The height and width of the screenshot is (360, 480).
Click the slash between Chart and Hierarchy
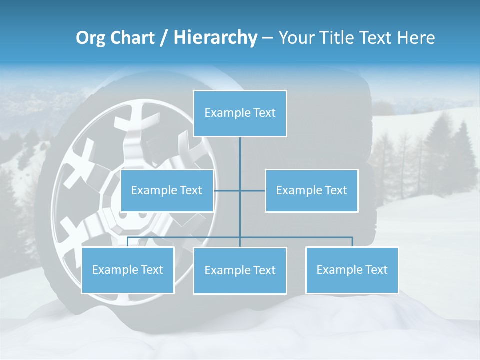(x=164, y=38)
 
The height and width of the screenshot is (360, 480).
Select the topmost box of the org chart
(x=240, y=113)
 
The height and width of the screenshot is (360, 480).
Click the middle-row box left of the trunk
(x=167, y=190)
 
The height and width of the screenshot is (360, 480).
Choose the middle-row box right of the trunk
(x=311, y=190)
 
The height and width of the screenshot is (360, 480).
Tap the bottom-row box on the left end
(x=128, y=270)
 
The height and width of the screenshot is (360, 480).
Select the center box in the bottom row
(x=240, y=270)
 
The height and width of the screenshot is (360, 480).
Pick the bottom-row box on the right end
(x=352, y=270)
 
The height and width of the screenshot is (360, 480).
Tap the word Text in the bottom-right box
(x=376, y=270)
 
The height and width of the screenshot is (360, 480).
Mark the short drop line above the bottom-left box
(x=128, y=242)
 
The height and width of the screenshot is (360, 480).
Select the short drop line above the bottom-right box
(x=352, y=242)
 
